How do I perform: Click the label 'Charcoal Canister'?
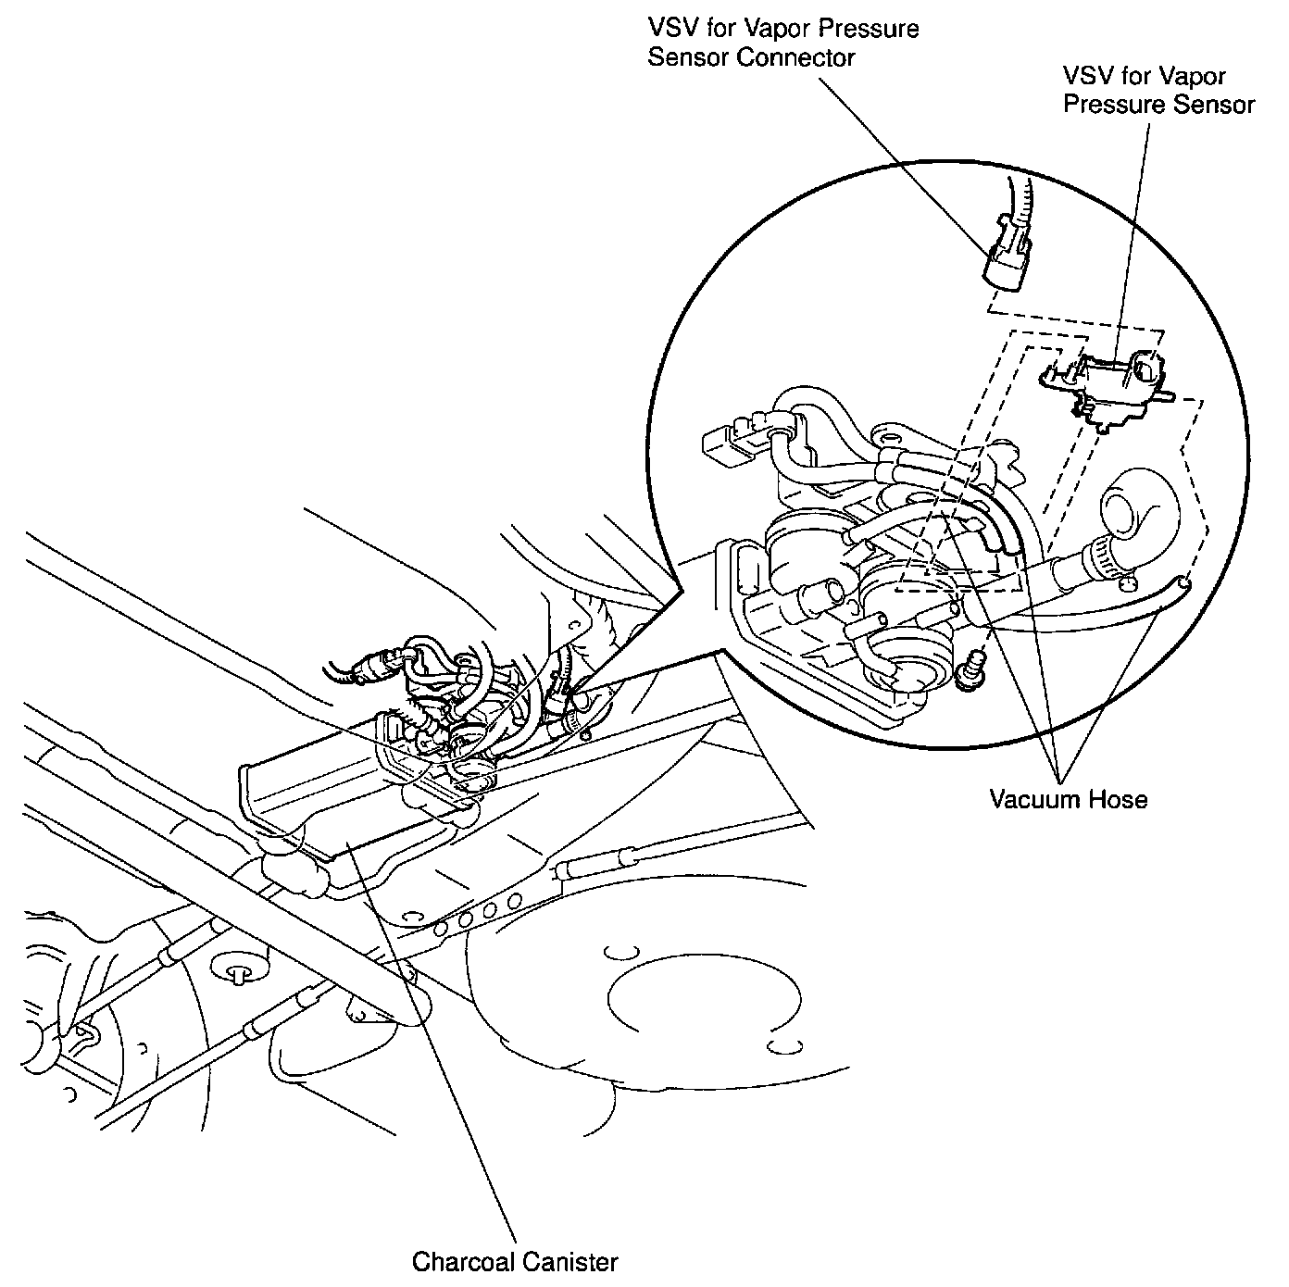[x=514, y=1261]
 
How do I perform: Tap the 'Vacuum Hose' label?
[x=1068, y=799]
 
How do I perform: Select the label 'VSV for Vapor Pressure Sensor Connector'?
[x=782, y=43]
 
